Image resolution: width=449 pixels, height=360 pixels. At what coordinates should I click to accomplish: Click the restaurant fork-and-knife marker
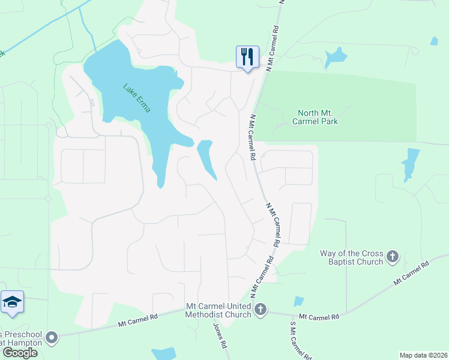[247, 58]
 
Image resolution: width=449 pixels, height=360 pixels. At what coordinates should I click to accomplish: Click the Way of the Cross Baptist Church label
[356, 257]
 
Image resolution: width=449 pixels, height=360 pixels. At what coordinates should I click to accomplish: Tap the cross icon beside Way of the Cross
[393, 257]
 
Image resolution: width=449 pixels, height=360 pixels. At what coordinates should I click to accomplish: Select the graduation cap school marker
[12, 303]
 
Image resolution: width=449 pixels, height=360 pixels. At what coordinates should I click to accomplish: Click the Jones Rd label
[220, 337]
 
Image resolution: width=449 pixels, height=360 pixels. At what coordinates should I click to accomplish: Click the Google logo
[20, 353]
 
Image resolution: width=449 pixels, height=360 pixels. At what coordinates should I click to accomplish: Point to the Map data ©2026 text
[423, 355]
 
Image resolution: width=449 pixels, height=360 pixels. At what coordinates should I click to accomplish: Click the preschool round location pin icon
[52, 338]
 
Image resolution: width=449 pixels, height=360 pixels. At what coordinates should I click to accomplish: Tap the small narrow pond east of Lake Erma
[207, 157]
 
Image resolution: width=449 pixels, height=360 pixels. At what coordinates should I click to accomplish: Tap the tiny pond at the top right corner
[433, 41]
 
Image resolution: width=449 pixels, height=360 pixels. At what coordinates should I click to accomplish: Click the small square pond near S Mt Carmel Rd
[299, 302]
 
